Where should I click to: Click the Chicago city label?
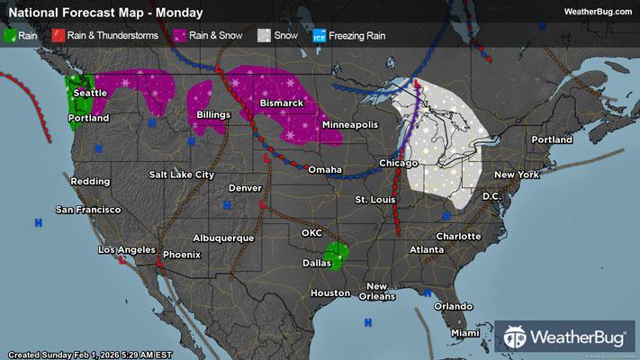(x=399, y=163)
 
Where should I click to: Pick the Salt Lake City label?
(x=182, y=174)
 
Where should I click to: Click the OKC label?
(x=311, y=232)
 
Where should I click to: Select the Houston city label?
(x=329, y=293)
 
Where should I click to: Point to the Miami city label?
(x=466, y=332)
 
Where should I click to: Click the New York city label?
(x=516, y=174)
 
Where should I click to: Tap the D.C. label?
(x=491, y=195)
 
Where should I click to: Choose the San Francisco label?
(x=88, y=210)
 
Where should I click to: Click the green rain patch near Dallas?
(x=337, y=254)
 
